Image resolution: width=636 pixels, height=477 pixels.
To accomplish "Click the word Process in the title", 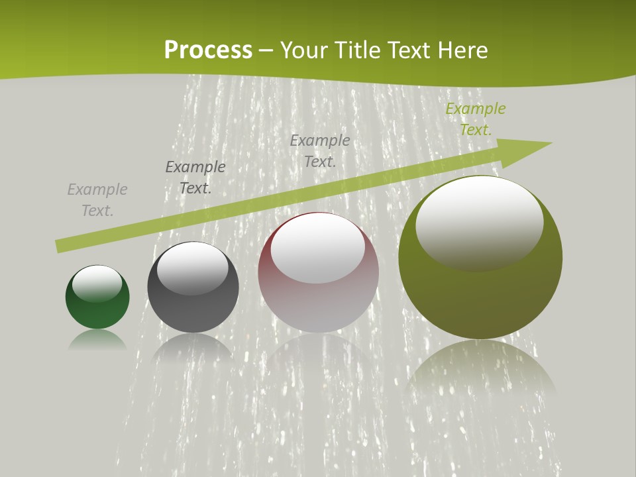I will [208, 50].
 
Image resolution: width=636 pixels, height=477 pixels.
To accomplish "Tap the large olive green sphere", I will [480, 298].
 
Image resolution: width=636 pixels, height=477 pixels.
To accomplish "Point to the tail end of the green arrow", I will [60, 246].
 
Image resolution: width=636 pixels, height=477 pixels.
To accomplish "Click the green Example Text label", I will [475, 119].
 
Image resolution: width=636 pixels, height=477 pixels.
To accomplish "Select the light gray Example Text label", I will [97, 200].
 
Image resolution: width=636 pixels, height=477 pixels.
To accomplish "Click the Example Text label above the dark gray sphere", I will [195, 178].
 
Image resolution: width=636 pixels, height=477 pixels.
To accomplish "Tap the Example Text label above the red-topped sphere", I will [320, 150].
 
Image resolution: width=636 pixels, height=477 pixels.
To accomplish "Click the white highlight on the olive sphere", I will [480, 222].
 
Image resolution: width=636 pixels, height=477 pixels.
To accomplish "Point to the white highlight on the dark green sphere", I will [97, 283].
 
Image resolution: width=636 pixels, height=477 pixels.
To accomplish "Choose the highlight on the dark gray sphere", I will [193, 267].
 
